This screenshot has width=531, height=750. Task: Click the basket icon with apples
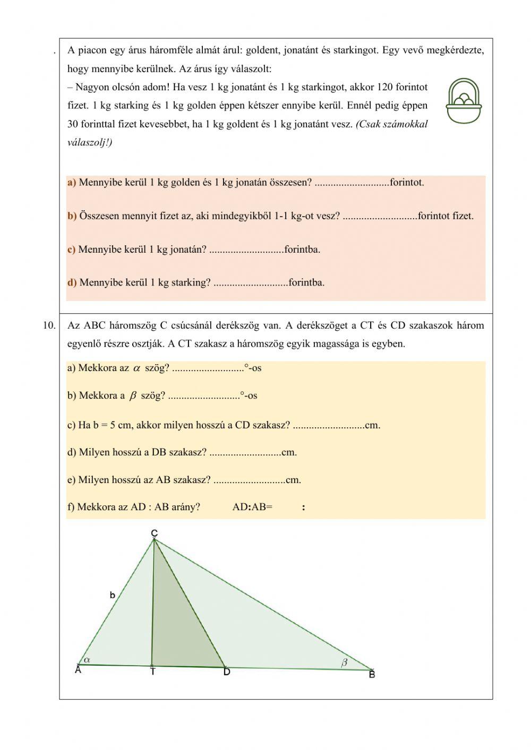(464, 101)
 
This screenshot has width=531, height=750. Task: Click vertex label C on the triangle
(154, 533)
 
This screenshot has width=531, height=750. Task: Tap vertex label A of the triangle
(78, 670)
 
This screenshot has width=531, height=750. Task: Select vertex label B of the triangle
(372, 675)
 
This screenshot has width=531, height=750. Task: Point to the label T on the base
(152, 672)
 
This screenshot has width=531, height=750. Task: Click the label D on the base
(227, 673)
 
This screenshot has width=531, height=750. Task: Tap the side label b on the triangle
(113, 596)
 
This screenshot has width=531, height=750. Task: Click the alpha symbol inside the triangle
(88, 659)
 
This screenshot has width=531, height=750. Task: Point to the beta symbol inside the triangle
(344, 662)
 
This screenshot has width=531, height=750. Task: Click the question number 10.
(49, 325)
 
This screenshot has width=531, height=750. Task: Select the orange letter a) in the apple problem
(72, 183)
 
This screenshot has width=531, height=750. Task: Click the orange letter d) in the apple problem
(72, 282)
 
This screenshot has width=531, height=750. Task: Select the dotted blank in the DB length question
(245, 453)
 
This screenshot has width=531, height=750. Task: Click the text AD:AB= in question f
(252, 507)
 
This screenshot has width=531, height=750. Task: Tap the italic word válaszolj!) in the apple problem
(90, 142)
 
